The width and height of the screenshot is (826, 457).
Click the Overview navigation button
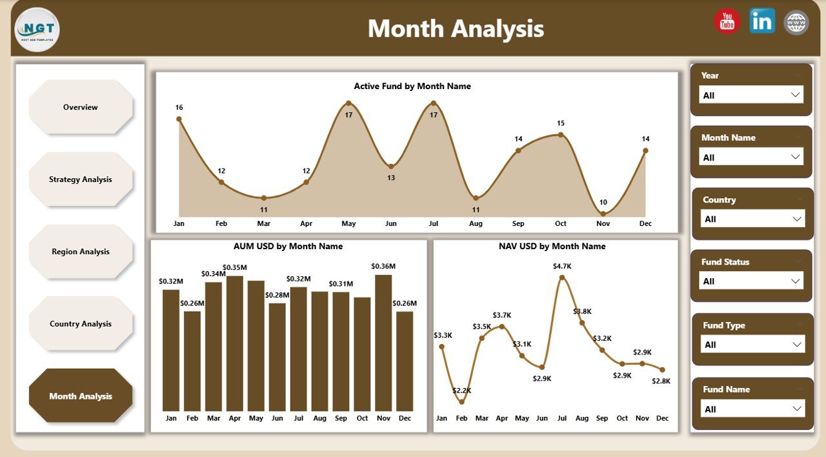[x=81, y=107]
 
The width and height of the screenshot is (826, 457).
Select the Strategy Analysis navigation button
[x=81, y=179]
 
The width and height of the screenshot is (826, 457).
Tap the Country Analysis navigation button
[x=81, y=324]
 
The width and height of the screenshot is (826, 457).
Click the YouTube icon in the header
[x=727, y=21]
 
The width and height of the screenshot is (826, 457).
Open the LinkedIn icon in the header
[x=762, y=21]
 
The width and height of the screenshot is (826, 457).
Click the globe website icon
[x=796, y=22]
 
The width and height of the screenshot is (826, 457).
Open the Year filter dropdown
[x=751, y=95]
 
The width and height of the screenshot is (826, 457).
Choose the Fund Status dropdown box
[x=751, y=281]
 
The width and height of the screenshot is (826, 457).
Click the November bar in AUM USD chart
[x=383, y=342]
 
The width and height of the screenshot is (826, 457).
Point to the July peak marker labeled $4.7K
[x=562, y=278]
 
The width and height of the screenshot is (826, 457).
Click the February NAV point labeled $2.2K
[x=461, y=401]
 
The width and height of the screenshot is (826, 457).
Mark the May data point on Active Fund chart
[x=348, y=103]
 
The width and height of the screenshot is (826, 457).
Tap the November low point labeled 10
[x=603, y=214]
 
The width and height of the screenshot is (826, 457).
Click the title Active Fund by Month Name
[x=412, y=86]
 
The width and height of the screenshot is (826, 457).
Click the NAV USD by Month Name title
[x=552, y=246]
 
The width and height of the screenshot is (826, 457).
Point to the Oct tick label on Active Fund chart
[x=560, y=223]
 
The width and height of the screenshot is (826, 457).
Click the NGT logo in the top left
[x=37, y=30]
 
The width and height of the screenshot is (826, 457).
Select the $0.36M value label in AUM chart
[x=383, y=266]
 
